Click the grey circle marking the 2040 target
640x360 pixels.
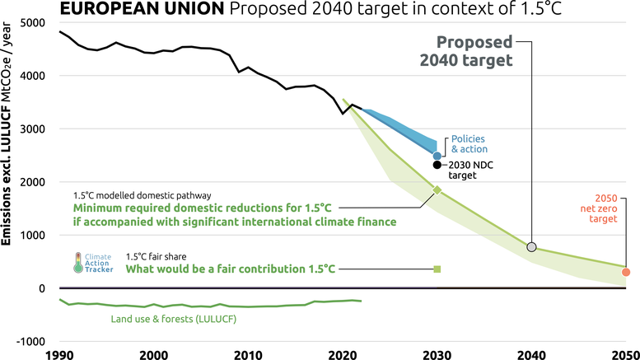pos(531,247)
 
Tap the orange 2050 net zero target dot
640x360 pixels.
pos(626,272)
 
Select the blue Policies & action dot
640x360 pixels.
pos(437,156)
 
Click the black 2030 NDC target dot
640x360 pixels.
pos(437,165)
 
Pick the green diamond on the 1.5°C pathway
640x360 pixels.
pos(437,190)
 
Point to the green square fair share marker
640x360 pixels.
pos(437,269)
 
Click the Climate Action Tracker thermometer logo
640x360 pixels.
pos(78,263)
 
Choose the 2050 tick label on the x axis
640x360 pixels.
pos(624,354)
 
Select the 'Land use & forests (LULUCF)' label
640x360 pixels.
pos(174,319)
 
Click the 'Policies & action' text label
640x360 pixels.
pos(469,144)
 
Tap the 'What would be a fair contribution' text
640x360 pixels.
pos(231,269)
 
